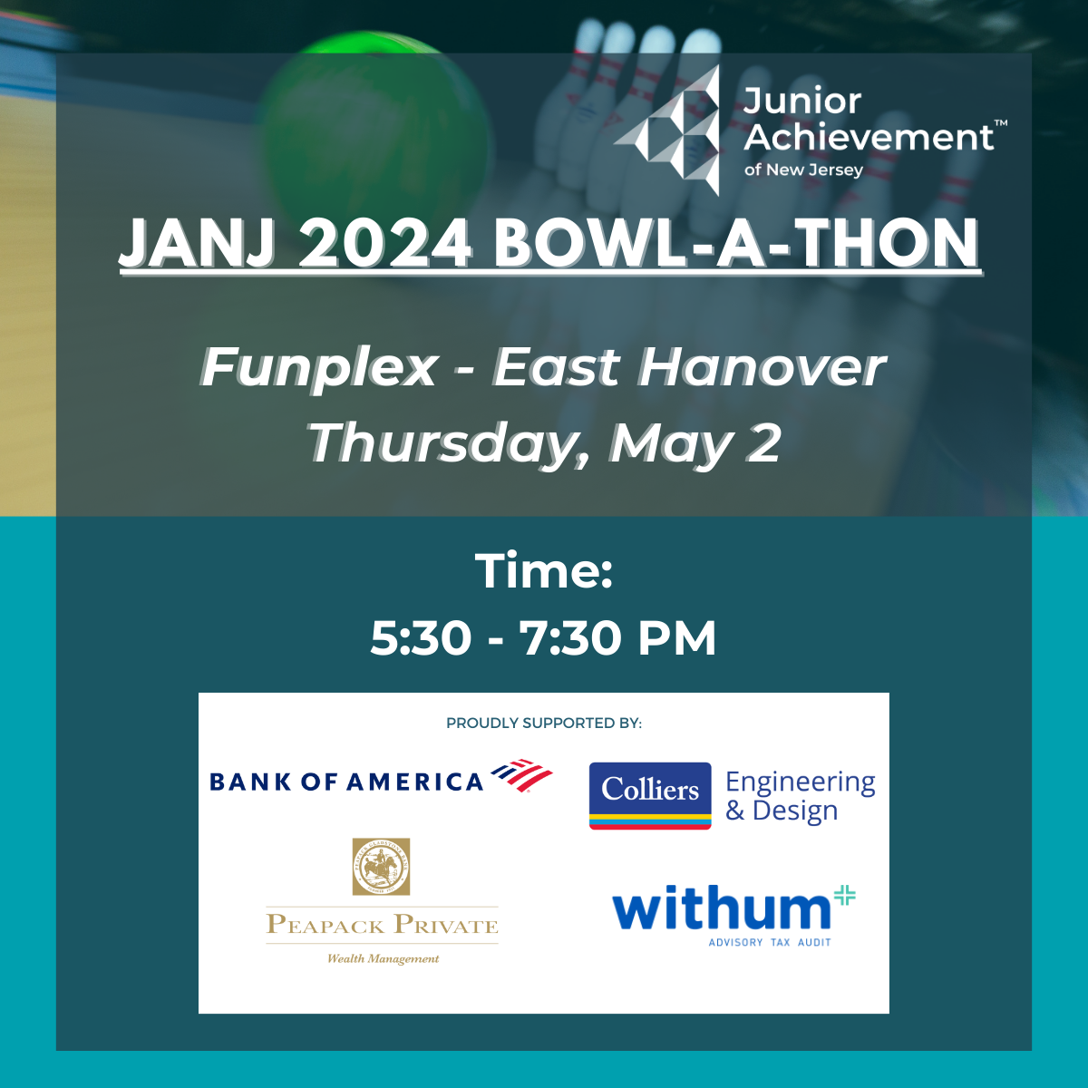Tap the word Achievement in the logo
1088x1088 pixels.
point(869,138)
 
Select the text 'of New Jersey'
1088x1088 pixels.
point(803,170)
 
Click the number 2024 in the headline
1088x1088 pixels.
point(384,244)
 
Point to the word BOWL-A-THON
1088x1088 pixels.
point(736,244)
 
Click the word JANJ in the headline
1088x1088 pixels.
point(196,244)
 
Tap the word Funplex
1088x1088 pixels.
point(319,367)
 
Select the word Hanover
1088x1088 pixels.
point(762,367)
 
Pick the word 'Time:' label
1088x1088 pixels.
point(544,571)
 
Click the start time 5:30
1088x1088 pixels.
point(421,638)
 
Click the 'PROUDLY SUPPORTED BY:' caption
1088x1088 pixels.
point(544,723)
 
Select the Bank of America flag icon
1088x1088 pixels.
point(522,775)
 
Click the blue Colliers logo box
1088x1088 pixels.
point(650,794)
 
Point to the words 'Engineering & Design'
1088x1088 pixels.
point(800,795)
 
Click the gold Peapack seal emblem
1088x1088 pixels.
point(381,866)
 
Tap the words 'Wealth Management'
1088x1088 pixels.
point(383,958)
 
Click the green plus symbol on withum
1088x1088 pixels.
point(844,895)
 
